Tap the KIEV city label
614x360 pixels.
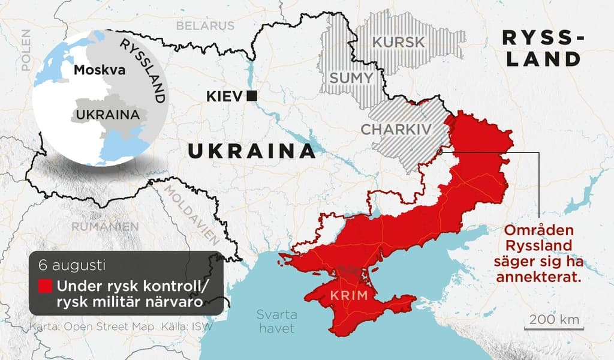point(224,96)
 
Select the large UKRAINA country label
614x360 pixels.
point(252,151)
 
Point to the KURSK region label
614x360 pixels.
point(398,43)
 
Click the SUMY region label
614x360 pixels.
point(351,78)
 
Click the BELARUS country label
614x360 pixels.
point(205,26)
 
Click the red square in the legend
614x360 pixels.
point(45,286)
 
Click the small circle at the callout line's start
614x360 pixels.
point(440,152)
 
